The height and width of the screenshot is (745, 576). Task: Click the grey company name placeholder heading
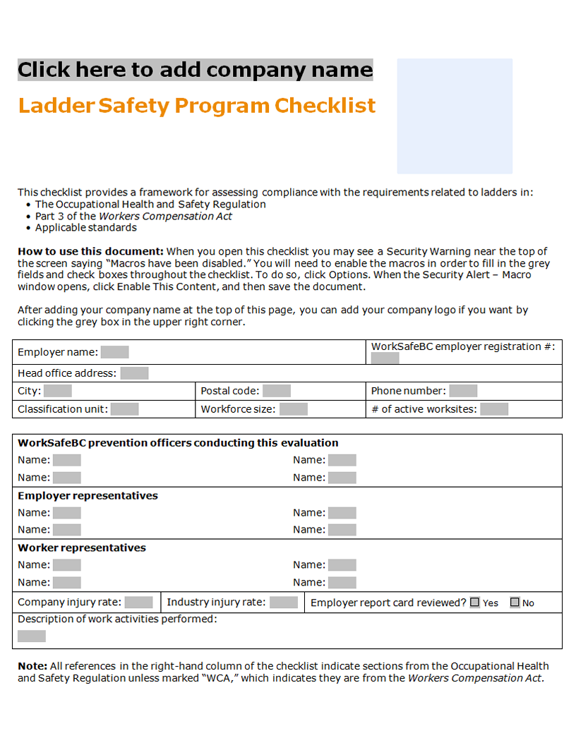click(195, 70)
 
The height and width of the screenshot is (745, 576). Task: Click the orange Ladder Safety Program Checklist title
click(196, 106)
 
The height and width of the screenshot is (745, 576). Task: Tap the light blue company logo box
click(455, 116)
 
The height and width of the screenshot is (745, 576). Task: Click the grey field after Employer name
click(114, 352)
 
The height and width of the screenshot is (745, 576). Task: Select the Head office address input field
click(134, 373)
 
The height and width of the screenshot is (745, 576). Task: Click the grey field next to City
click(58, 391)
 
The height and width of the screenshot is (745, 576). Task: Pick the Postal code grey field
click(277, 391)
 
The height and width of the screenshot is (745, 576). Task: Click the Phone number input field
click(463, 391)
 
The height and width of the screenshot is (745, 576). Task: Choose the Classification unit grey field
click(124, 409)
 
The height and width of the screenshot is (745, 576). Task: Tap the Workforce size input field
click(294, 409)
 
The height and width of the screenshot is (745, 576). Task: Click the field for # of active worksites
click(494, 409)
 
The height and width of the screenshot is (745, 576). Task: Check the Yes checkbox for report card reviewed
click(475, 602)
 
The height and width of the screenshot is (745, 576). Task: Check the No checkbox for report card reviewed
click(515, 602)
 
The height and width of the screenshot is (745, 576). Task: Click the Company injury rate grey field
click(138, 602)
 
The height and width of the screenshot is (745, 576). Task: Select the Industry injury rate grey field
click(284, 602)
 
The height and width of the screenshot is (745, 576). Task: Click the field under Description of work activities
click(32, 636)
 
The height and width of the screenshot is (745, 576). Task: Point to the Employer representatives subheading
click(88, 496)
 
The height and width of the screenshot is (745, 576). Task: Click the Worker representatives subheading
click(82, 548)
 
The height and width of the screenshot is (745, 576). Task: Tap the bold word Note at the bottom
click(32, 666)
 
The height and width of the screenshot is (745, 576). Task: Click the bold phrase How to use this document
click(90, 251)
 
